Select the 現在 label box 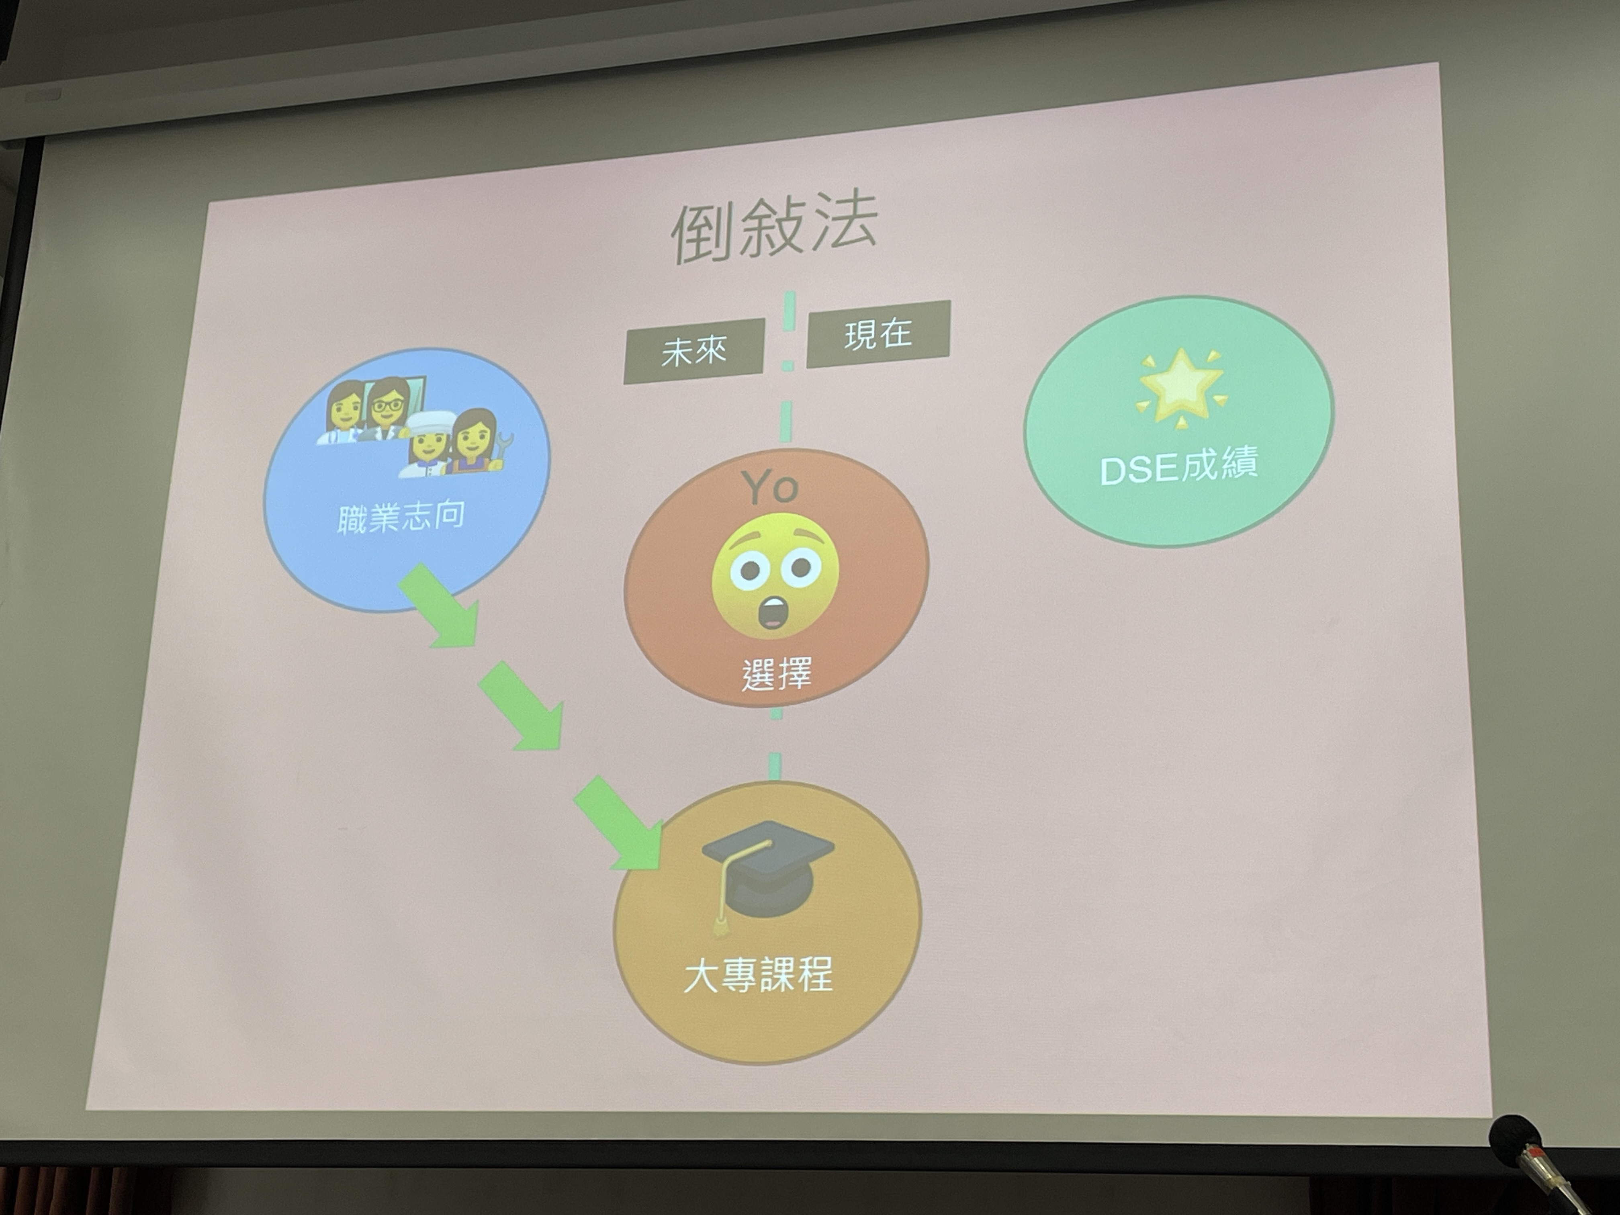point(878,334)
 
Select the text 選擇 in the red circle point(776,674)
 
